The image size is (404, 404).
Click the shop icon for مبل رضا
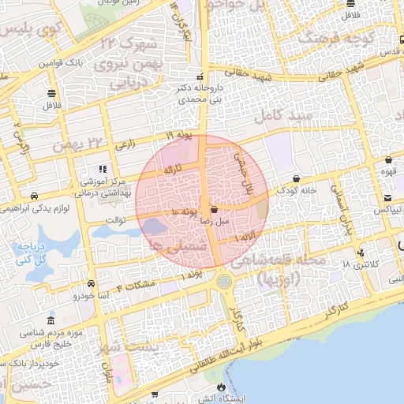[x=215, y=210]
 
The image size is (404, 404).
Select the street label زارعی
[x=125, y=145]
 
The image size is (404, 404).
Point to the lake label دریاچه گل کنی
[x=28, y=252]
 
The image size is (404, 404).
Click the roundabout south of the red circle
[x=227, y=280]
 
